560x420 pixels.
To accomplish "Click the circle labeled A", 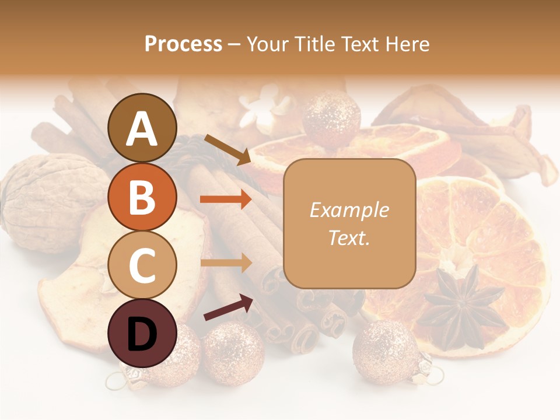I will [142, 128].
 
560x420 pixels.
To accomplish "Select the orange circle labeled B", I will [142, 197].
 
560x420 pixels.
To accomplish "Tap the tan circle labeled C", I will [142, 265].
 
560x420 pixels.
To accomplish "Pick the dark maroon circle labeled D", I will [142, 333].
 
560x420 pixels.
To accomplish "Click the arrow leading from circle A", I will [227, 149].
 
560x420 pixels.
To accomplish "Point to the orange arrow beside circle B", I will [226, 199].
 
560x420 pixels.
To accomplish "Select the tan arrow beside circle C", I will [226, 263].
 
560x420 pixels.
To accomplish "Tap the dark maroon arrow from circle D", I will [228, 307].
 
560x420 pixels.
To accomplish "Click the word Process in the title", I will [183, 44].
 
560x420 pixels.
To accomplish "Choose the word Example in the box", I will [349, 210].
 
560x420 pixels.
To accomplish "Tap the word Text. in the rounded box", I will [349, 237].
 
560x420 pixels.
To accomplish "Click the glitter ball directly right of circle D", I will [233, 353].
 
